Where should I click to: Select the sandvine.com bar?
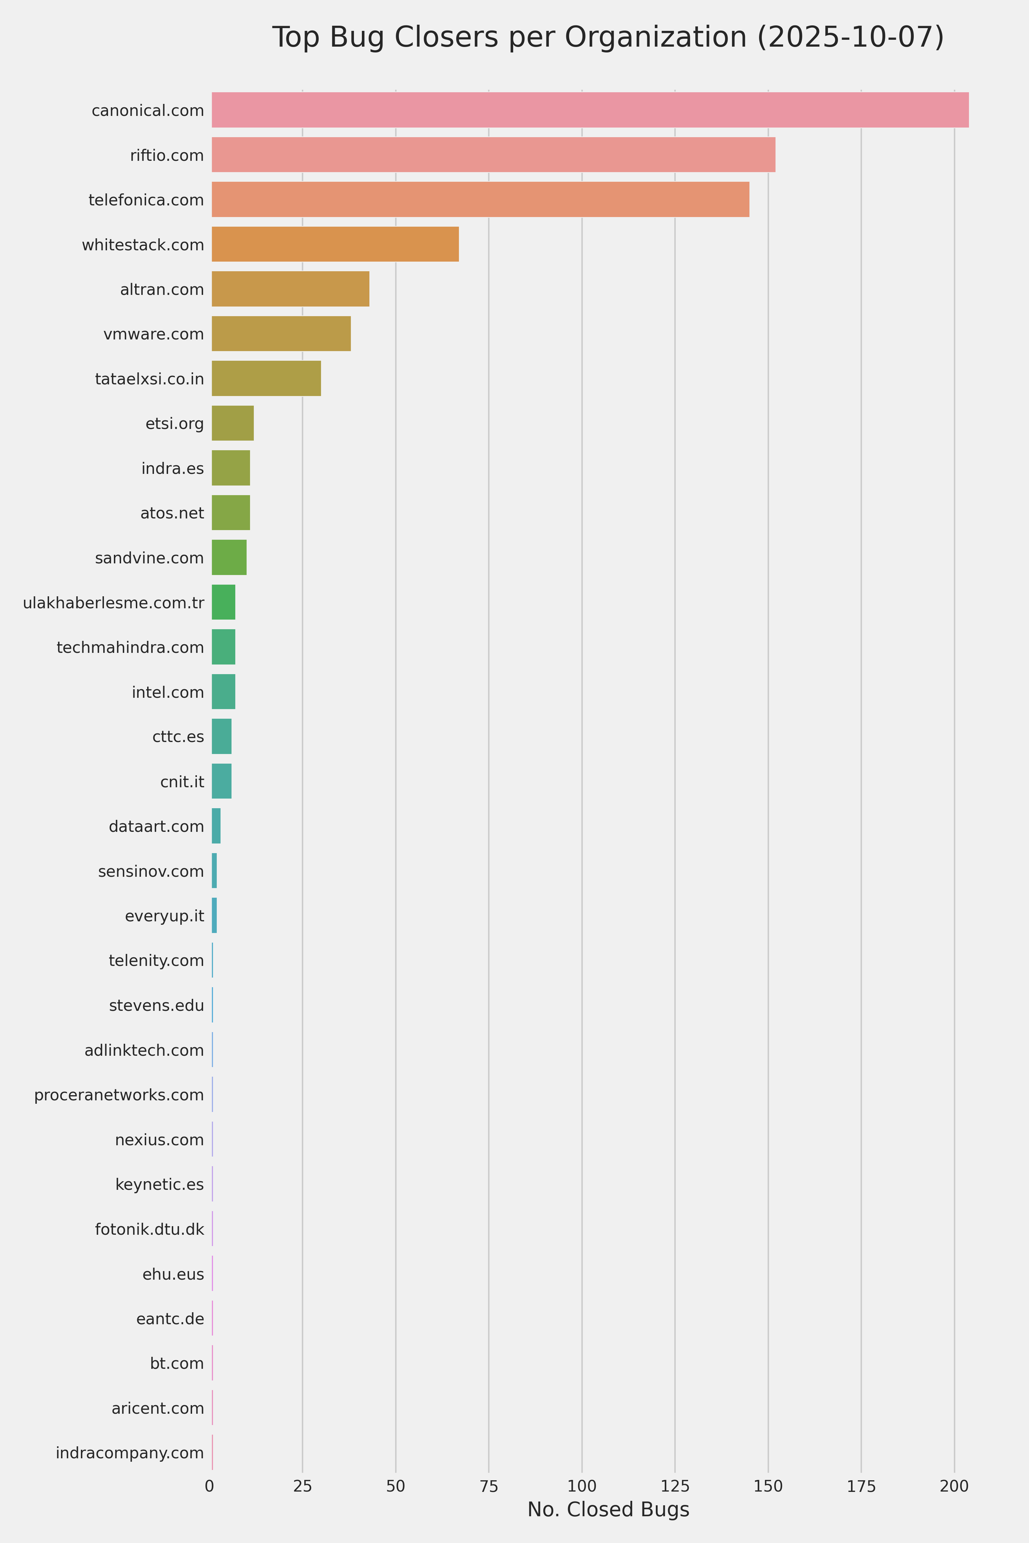229,558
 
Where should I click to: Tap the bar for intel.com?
223,692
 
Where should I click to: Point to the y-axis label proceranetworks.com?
119,1095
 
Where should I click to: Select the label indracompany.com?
130,1453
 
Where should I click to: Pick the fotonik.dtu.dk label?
150,1229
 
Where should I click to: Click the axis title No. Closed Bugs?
608,1509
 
